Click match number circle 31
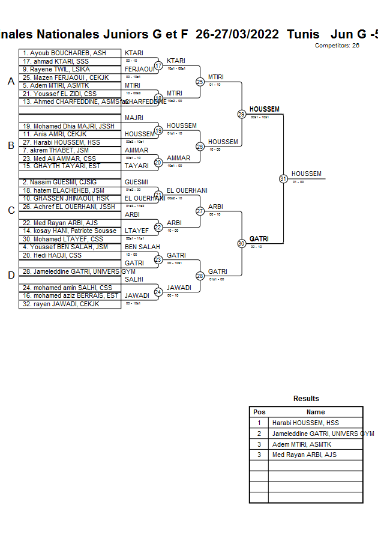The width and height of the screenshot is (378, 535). (x=283, y=178)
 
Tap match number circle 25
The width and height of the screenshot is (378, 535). (x=200, y=82)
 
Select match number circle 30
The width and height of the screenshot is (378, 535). (x=241, y=244)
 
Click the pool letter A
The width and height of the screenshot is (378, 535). (x=11, y=82)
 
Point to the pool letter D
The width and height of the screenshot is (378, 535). (x=11, y=276)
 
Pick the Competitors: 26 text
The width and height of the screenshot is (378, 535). (x=337, y=45)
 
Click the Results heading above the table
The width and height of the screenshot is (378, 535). (x=306, y=399)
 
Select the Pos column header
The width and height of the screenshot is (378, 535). (x=259, y=412)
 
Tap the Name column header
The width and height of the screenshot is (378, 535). (x=316, y=412)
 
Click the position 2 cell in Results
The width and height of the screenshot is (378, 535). (x=259, y=434)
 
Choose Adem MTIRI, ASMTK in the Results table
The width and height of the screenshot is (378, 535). (x=302, y=444)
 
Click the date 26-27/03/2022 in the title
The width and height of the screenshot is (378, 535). (x=237, y=34)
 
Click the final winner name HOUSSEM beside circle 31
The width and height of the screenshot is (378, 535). (x=306, y=174)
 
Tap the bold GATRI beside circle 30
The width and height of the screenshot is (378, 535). (x=259, y=239)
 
